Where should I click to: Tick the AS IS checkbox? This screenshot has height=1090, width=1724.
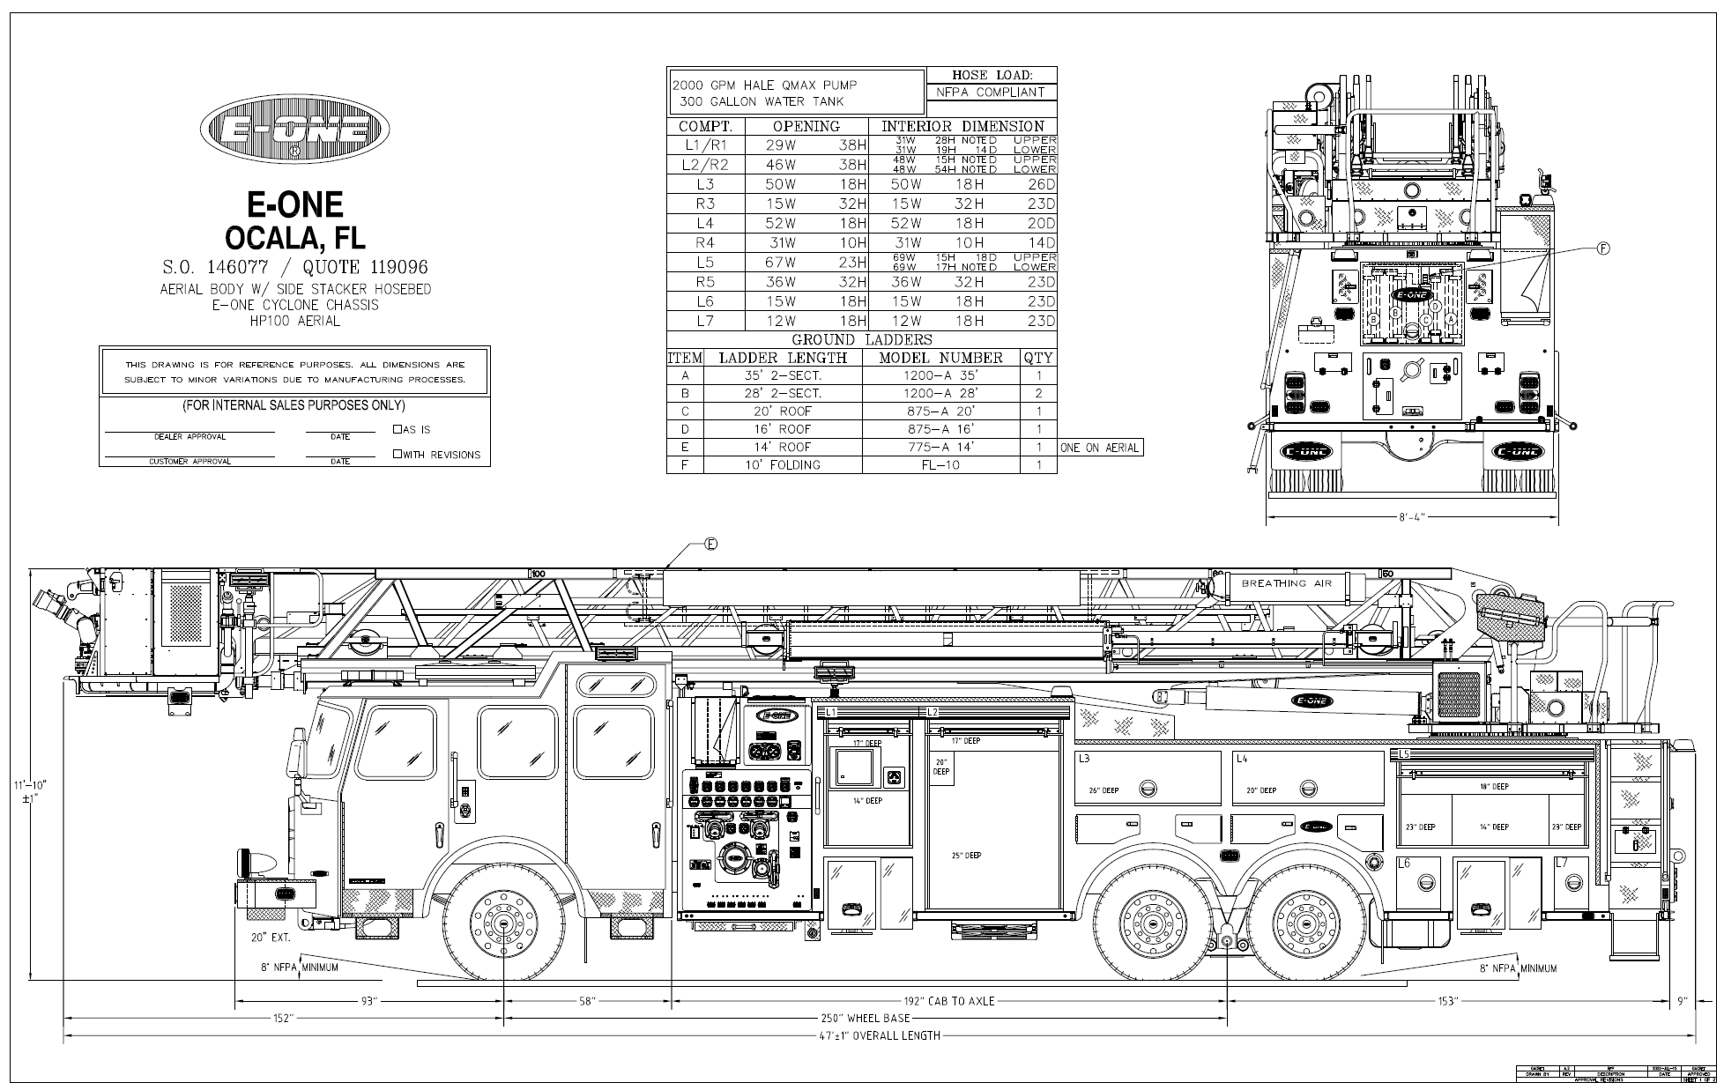[x=398, y=429]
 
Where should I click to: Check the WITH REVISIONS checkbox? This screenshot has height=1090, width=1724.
[x=398, y=454]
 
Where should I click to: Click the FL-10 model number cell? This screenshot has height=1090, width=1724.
[x=940, y=464]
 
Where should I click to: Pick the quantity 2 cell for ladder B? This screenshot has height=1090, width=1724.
[x=1039, y=393]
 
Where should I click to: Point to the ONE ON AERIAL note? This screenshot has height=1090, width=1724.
[x=1100, y=447]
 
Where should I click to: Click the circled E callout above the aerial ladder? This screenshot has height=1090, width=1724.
[x=710, y=544]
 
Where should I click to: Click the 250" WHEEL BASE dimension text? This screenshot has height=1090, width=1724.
[x=866, y=1018]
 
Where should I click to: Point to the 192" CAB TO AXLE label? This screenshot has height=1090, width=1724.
[x=949, y=1001]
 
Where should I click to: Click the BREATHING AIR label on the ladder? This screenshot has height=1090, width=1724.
[x=1286, y=583]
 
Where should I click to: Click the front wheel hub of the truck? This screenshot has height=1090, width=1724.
[x=503, y=924]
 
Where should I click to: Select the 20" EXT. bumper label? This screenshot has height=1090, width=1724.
[x=271, y=938]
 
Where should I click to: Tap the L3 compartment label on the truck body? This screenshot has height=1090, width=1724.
[x=1084, y=759]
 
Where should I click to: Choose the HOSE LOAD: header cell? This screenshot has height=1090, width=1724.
[x=991, y=75]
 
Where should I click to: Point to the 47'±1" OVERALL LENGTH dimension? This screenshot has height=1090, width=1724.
[x=879, y=1035]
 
